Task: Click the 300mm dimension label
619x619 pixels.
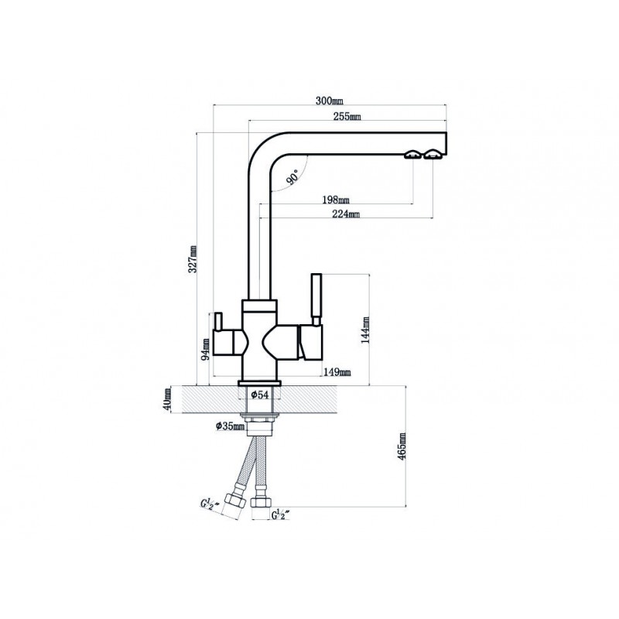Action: [x=330, y=101]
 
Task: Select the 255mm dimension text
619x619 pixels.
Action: [x=347, y=116]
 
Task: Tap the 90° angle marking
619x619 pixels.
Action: [x=293, y=177]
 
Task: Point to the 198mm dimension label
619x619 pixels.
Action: [x=336, y=200]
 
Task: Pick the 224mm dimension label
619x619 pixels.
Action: [x=346, y=214]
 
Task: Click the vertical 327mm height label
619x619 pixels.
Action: [x=192, y=259]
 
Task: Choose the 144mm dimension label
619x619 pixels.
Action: [x=365, y=330]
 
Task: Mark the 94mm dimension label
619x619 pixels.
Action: [x=205, y=350]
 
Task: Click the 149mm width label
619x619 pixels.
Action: [x=337, y=372]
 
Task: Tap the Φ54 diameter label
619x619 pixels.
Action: [x=260, y=394]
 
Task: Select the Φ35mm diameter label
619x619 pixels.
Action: [x=230, y=426]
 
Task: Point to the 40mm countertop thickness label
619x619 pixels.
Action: [x=167, y=399]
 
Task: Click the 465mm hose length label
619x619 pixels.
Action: [x=402, y=446]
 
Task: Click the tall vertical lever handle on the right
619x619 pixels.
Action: [x=316, y=299]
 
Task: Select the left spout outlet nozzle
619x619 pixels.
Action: [x=413, y=155]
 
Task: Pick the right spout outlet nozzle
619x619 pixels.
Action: [x=433, y=154]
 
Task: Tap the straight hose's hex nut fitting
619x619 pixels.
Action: [x=261, y=502]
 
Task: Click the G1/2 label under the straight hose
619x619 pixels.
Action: [x=281, y=515]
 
